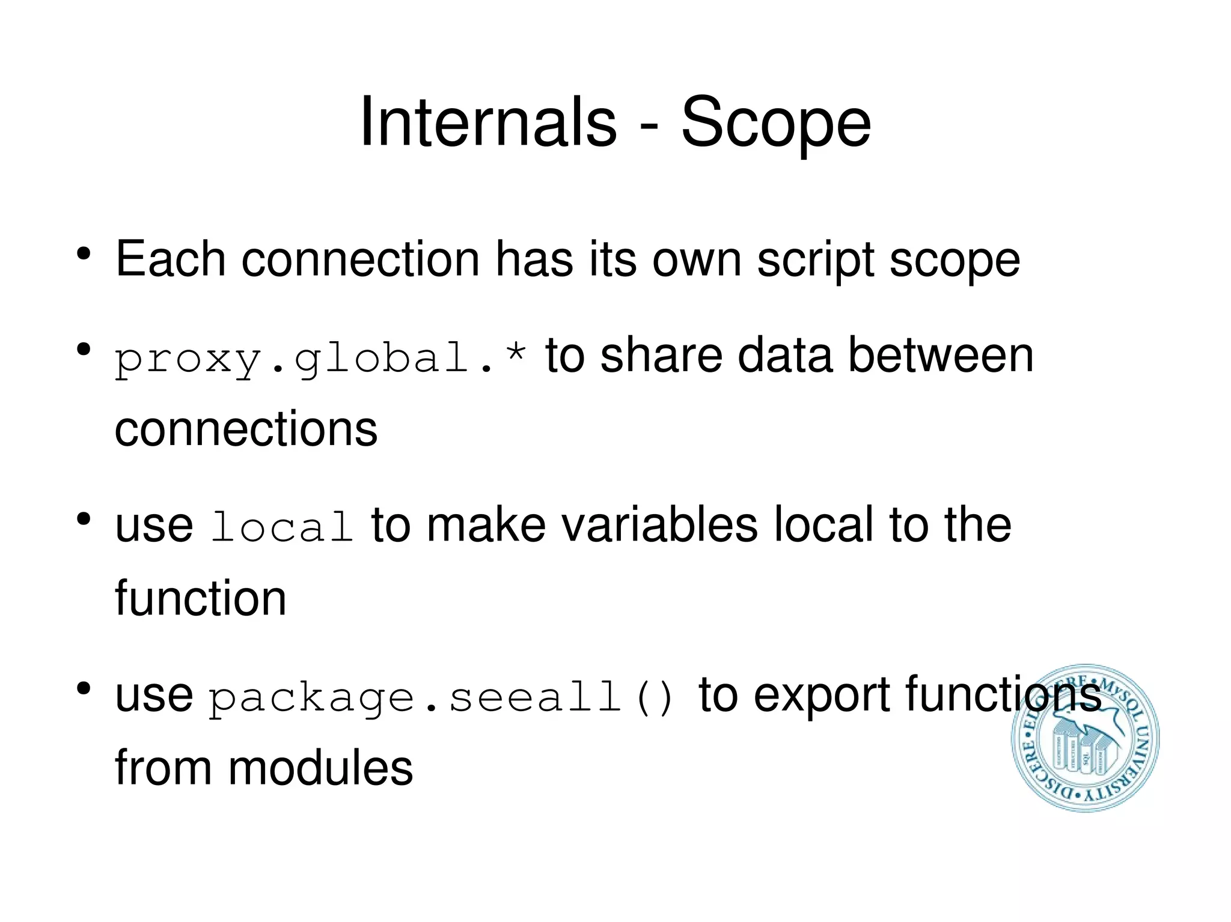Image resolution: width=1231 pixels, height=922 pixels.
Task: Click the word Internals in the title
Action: coord(487,123)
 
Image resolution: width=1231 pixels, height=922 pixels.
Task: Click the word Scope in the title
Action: coord(775,124)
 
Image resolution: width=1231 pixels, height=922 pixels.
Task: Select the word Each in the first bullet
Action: coord(171,259)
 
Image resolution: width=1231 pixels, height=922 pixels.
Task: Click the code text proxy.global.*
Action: coord(321,358)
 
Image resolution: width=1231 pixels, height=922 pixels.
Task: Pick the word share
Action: coord(661,356)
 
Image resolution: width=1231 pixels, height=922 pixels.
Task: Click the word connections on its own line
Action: coord(246,429)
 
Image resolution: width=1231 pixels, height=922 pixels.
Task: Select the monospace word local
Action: coord(282,527)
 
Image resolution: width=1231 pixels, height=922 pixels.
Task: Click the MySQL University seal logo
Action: coord(1085,738)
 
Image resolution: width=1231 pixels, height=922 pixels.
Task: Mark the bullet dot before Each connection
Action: coord(84,253)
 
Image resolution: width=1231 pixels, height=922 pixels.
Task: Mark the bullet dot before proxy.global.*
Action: coord(84,349)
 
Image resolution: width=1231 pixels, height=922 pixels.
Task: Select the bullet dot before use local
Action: coord(84,518)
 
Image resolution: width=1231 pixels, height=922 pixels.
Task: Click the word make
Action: coord(486,524)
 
